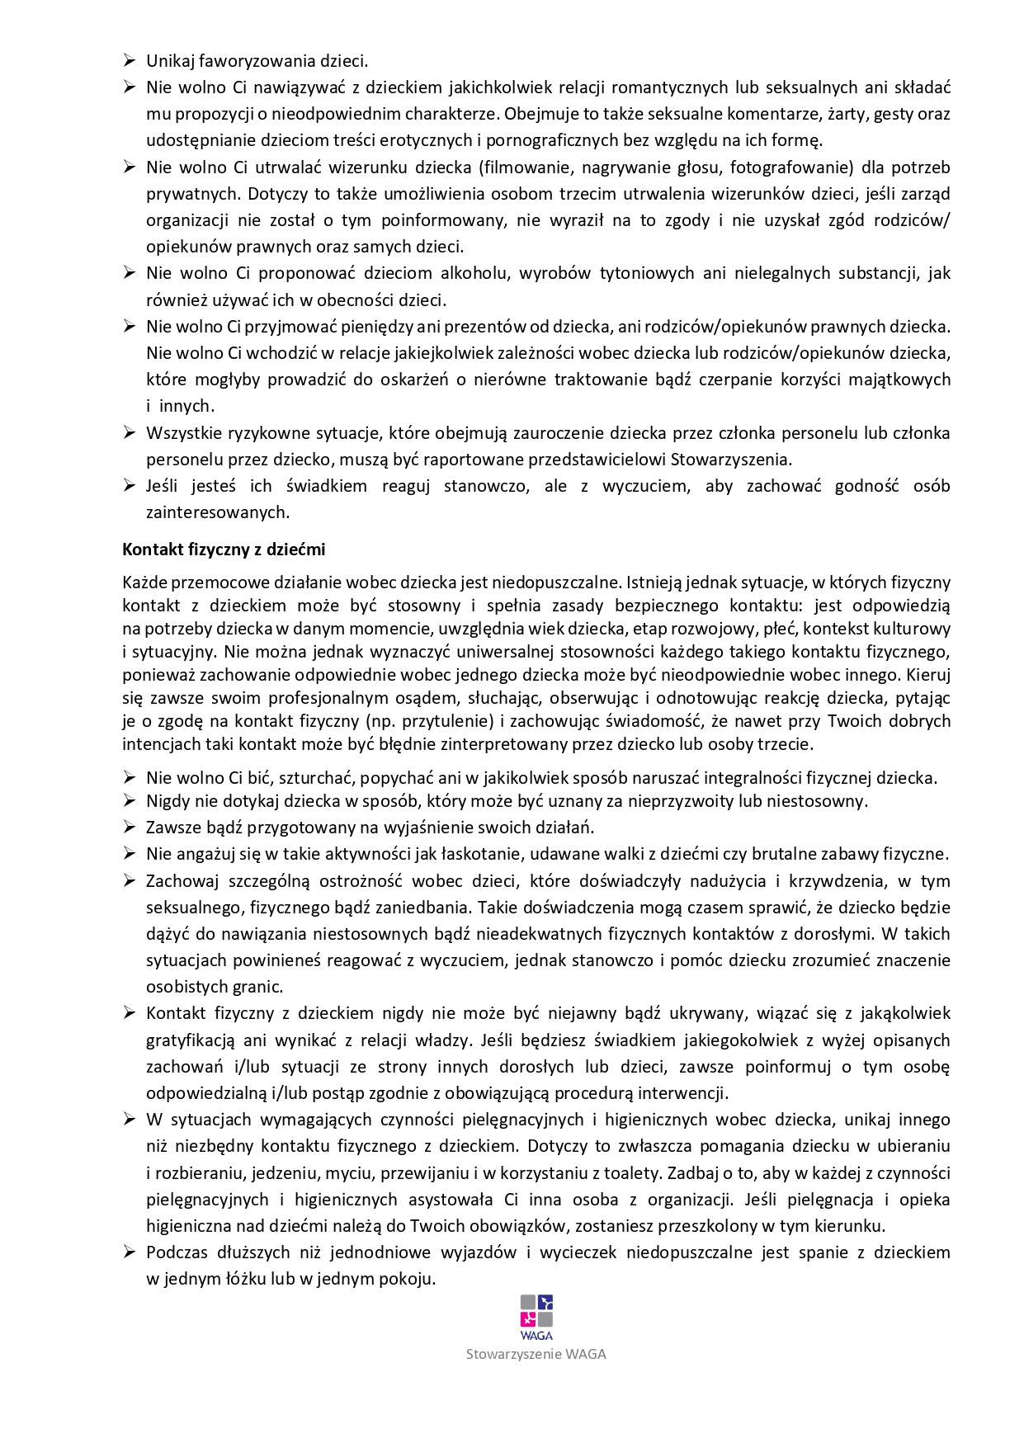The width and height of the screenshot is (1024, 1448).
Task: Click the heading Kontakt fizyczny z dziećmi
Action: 224,549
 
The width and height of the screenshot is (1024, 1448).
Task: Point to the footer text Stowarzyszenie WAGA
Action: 536,1354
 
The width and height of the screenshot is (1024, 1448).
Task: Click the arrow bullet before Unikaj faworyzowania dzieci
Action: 130,60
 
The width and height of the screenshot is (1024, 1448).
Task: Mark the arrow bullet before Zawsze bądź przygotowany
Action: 130,827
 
